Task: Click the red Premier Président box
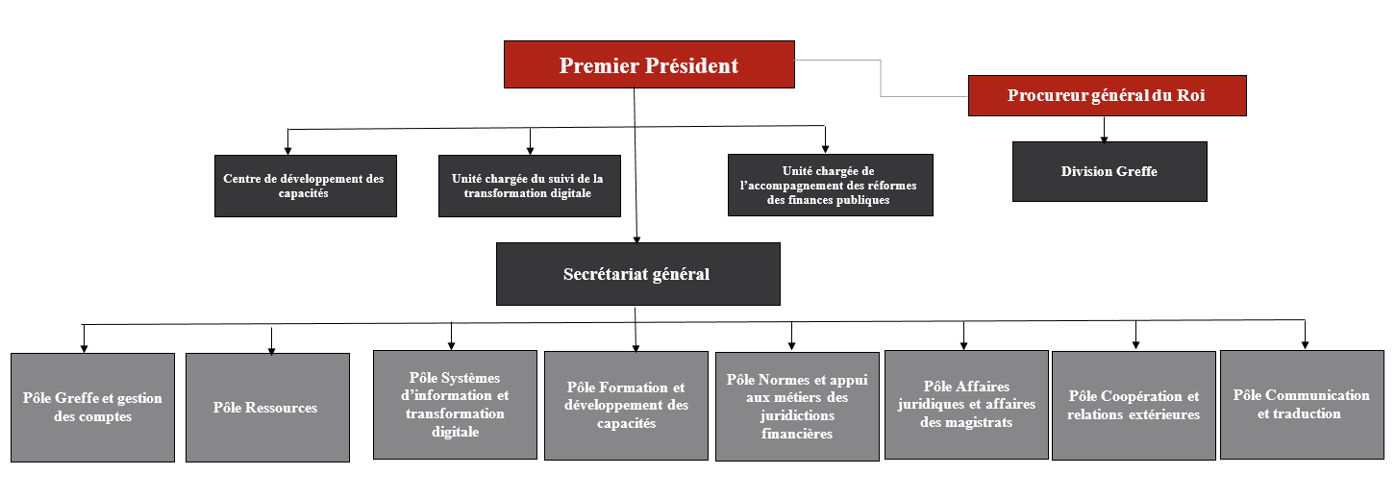tap(649, 64)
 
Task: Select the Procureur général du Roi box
tap(1107, 95)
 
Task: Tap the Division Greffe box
tap(1109, 171)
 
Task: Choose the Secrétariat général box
tap(638, 274)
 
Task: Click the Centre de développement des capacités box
tap(306, 186)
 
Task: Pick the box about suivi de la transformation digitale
tap(529, 186)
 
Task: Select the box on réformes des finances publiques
tap(830, 186)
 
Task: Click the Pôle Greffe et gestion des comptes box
tap(93, 408)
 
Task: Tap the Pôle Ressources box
tap(267, 408)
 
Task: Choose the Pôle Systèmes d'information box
tap(455, 405)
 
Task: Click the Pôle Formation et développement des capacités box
tap(626, 405)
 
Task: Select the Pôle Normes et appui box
tap(797, 407)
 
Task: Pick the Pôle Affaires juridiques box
tap(966, 405)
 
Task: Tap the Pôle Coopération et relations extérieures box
tap(1134, 406)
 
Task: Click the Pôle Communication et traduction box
tap(1302, 405)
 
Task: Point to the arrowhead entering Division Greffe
tap(1105, 139)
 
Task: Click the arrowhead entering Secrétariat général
tap(636, 238)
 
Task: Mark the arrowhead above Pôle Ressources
tap(271, 350)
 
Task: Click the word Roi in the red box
tap(1190, 95)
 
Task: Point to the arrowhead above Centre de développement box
tap(287, 150)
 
